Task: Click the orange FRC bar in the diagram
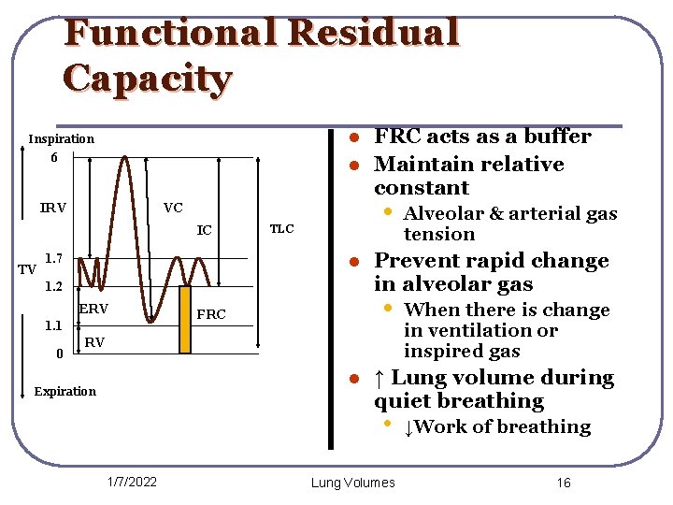point(185,319)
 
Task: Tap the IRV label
point(53,208)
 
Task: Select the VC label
point(173,208)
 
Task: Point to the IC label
point(204,230)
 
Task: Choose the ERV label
point(93,310)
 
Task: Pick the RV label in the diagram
point(94,343)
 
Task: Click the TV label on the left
point(27,270)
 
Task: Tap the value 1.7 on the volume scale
point(54,257)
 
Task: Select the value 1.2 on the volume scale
point(54,285)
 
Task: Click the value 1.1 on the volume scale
point(54,326)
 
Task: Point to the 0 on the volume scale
point(60,353)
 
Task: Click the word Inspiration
point(61,139)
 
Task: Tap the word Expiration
point(64,391)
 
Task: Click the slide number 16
point(563,483)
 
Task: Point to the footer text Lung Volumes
point(352,483)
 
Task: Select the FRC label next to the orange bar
point(212,314)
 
